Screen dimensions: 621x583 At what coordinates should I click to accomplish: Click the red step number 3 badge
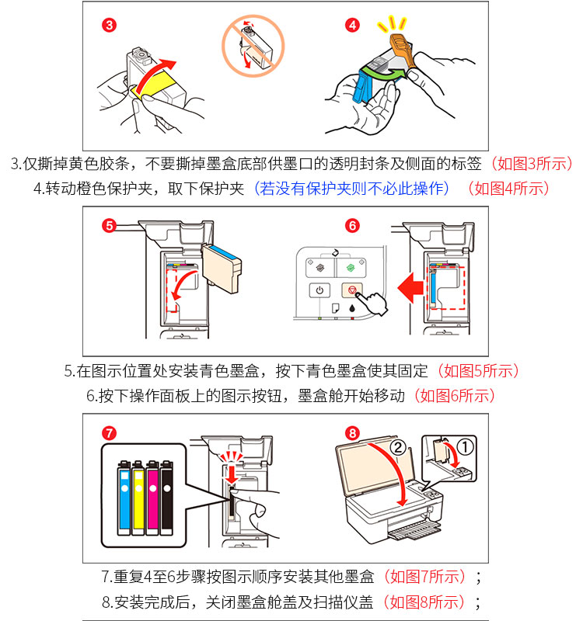coord(110,26)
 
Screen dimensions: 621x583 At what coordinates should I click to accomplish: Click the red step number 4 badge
coord(352,26)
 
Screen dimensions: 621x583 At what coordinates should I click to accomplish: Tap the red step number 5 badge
coord(110,226)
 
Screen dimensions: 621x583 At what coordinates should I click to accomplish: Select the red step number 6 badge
coord(352,226)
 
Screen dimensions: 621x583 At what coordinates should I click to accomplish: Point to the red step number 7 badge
coord(110,432)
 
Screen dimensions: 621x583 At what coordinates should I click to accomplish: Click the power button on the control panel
coord(319,291)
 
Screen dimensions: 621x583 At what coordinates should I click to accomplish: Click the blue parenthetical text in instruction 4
coord(355,188)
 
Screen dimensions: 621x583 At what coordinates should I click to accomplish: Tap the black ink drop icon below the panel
coord(351,309)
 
